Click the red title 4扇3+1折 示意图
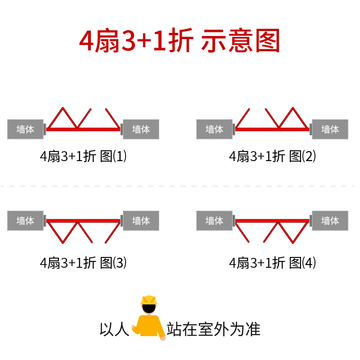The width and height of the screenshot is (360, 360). pos(179,40)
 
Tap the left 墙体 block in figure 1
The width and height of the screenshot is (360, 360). pos(25,129)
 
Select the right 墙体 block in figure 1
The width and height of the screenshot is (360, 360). pos(141,129)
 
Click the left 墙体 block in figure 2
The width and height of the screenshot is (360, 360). pos(214,129)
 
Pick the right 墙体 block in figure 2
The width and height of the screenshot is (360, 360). pos(330,129)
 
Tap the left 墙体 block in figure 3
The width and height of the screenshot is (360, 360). pos(25,220)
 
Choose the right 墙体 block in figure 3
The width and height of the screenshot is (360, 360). pos(141,220)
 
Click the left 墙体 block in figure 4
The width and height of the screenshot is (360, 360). pos(214,220)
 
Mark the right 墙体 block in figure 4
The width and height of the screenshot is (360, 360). pos(330,220)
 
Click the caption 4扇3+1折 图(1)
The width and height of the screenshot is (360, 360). pos(83,156)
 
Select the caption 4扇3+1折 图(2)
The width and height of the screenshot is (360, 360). pos(272,156)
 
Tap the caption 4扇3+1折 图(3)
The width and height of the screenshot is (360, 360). pos(83,263)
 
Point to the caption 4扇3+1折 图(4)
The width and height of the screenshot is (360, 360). pos(272,263)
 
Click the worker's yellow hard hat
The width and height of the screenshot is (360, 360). pos(149,300)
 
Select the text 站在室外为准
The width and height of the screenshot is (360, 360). pos(213,329)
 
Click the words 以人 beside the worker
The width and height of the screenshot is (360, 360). pos(114,329)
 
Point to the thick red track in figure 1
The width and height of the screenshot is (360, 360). pos(83,130)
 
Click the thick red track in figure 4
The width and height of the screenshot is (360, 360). pos(272,221)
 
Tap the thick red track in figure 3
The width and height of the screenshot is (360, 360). pos(83,221)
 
